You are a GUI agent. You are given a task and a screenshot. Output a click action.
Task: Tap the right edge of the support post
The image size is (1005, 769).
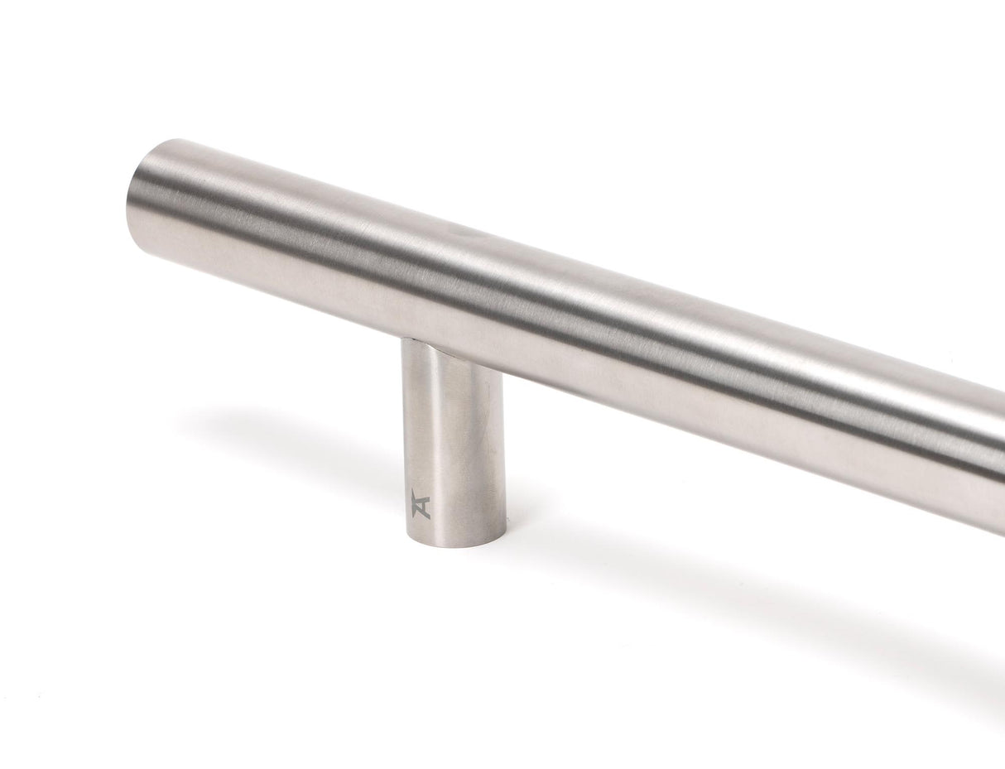(x=502, y=447)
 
